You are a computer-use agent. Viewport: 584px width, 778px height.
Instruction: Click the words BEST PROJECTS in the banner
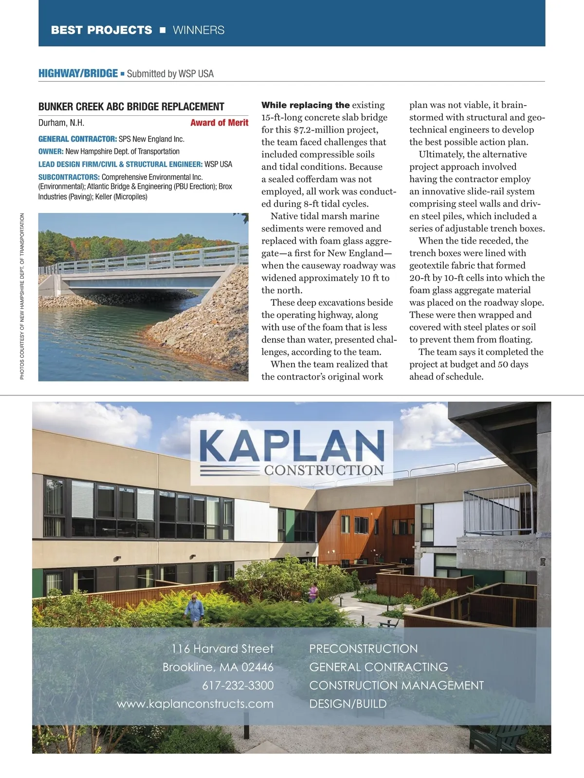click(101, 30)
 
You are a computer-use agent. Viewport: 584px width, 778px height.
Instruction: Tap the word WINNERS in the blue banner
click(199, 30)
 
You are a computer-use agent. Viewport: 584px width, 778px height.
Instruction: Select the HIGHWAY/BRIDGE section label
click(78, 73)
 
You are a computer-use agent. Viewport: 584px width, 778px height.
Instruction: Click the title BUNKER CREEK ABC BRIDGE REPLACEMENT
click(131, 107)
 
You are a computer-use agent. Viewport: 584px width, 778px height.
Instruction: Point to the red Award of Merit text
click(219, 123)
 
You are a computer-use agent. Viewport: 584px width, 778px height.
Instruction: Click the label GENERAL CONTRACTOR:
click(77, 139)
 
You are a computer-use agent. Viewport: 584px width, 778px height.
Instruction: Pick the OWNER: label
click(51, 152)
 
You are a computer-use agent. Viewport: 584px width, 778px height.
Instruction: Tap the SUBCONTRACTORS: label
click(69, 177)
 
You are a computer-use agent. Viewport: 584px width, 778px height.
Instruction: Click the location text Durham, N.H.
click(61, 123)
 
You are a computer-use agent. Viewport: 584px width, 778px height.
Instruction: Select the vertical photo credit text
click(22, 297)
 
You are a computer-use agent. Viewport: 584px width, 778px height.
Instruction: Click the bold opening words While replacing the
click(305, 105)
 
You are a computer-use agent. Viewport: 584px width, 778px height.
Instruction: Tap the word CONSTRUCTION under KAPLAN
click(324, 470)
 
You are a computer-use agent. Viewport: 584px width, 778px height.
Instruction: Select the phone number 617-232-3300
click(237, 686)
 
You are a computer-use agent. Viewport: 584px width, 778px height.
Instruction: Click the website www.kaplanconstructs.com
click(195, 704)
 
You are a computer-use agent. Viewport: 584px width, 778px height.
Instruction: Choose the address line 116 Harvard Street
click(222, 649)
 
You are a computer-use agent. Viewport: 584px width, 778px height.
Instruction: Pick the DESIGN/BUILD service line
click(348, 704)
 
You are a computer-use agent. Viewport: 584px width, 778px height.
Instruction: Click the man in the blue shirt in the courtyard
click(195, 609)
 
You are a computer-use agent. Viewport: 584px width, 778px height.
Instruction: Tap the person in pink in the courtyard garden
click(313, 593)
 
